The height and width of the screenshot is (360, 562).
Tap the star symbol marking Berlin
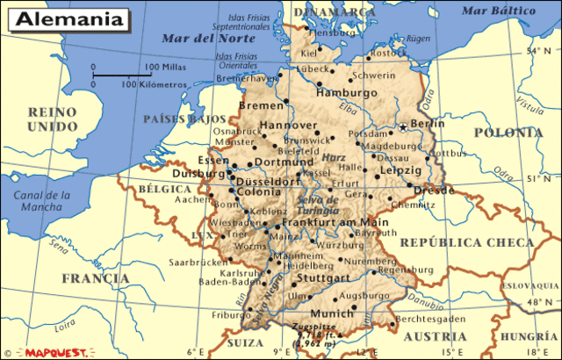pyautogui.click(x=403, y=126)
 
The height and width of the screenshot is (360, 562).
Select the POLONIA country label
pyautogui.click(x=508, y=133)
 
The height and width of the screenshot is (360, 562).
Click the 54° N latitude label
pyautogui.click(x=535, y=51)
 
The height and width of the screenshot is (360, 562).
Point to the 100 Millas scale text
pyautogui.click(x=164, y=67)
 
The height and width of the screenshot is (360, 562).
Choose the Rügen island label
pyautogui.click(x=419, y=39)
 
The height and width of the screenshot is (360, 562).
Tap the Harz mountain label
pyautogui.click(x=334, y=159)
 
